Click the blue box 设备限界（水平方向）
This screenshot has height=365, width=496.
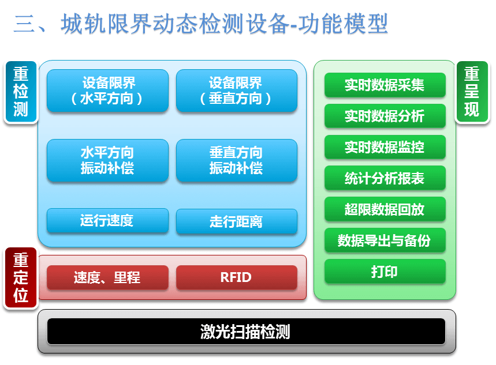(107, 91)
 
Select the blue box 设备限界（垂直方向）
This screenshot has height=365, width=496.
(237, 91)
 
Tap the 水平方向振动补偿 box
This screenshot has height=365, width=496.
(107, 160)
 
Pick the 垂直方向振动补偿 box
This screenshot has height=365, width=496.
(237, 160)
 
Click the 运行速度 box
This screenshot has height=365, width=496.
(107, 221)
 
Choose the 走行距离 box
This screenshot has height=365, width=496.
(237, 221)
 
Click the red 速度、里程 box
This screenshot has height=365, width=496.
(107, 277)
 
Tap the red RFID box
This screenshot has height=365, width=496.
(237, 277)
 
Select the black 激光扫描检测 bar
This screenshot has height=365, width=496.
(246, 332)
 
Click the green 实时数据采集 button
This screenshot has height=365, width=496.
(385, 85)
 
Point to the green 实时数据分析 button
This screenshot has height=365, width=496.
(385, 116)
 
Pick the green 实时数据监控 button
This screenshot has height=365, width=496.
(385, 147)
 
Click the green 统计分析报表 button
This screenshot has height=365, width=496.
(385, 178)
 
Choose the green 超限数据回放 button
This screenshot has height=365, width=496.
(385, 209)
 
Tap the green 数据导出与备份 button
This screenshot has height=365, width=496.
(385, 240)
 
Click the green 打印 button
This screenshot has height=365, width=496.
(385, 271)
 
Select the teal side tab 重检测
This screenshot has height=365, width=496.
(21, 92)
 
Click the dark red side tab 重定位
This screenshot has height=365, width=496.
(21, 277)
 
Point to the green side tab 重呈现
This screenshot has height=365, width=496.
(472, 92)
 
